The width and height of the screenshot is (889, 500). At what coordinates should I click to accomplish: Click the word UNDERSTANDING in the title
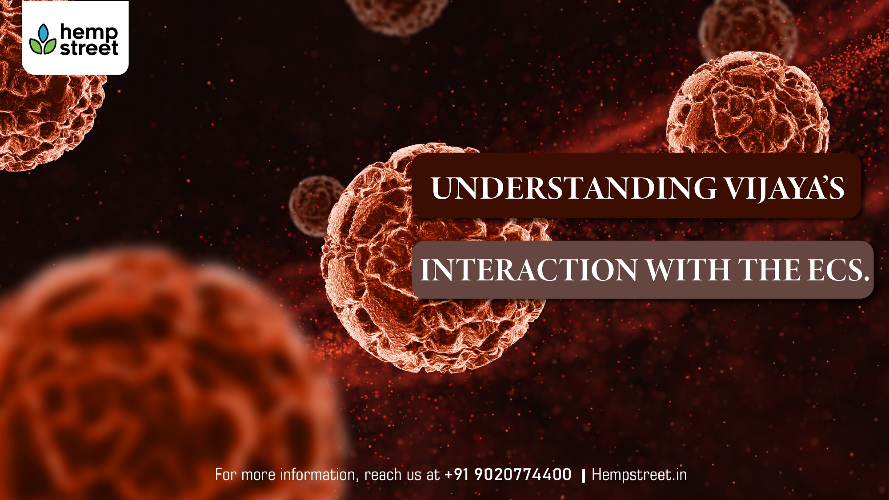coord(573,188)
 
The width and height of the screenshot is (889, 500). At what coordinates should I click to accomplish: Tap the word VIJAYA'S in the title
coord(785,188)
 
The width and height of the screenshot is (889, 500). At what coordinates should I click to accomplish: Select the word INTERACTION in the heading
coord(529,270)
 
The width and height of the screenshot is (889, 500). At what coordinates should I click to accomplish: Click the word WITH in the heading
coord(688,270)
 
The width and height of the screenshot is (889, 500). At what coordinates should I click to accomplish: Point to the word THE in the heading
coord(769,270)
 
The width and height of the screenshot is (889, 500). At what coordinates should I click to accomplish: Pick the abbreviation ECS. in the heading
coord(838,270)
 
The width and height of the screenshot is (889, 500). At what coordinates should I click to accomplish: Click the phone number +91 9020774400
coord(508,474)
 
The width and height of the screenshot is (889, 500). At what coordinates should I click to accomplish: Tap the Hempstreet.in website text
coord(639,475)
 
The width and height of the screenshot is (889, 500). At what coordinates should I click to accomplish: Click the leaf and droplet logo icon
coord(43,39)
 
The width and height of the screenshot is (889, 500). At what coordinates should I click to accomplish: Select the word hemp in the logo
coord(89,32)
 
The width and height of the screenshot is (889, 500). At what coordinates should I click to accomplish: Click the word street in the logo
coord(89,48)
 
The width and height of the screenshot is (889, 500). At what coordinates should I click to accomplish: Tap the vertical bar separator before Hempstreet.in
coord(583,476)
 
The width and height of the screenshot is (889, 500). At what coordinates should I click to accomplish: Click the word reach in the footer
coord(380,475)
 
